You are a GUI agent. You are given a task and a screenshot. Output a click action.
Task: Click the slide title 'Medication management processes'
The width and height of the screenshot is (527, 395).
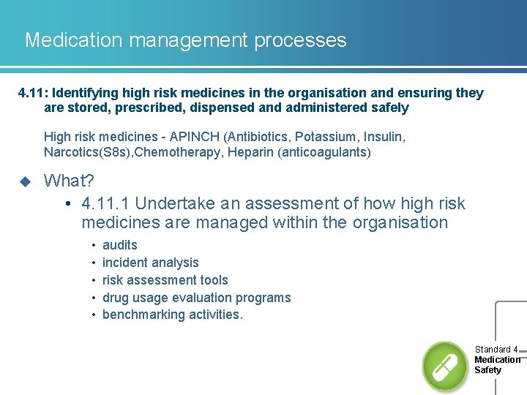(185, 40)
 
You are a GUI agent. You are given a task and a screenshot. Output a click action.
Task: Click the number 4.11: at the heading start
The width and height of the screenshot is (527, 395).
(33, 93)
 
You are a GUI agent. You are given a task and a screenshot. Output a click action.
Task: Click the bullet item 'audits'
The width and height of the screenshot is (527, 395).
(120, 245)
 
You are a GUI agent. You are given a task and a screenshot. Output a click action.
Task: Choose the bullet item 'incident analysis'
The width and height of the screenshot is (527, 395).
(150, 263)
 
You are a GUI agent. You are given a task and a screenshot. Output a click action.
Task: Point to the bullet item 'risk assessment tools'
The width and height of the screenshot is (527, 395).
(165, 280)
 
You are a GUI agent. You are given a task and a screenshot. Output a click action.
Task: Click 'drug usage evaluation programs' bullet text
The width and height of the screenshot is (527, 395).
(196, 298)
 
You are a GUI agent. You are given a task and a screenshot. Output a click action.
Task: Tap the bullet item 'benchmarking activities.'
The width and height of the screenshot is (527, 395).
(172, 315)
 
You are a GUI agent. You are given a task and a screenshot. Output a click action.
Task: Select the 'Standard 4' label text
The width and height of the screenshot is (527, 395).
(496, 350)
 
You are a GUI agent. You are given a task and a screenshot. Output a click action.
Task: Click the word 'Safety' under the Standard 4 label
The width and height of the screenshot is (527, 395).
(487, 370)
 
